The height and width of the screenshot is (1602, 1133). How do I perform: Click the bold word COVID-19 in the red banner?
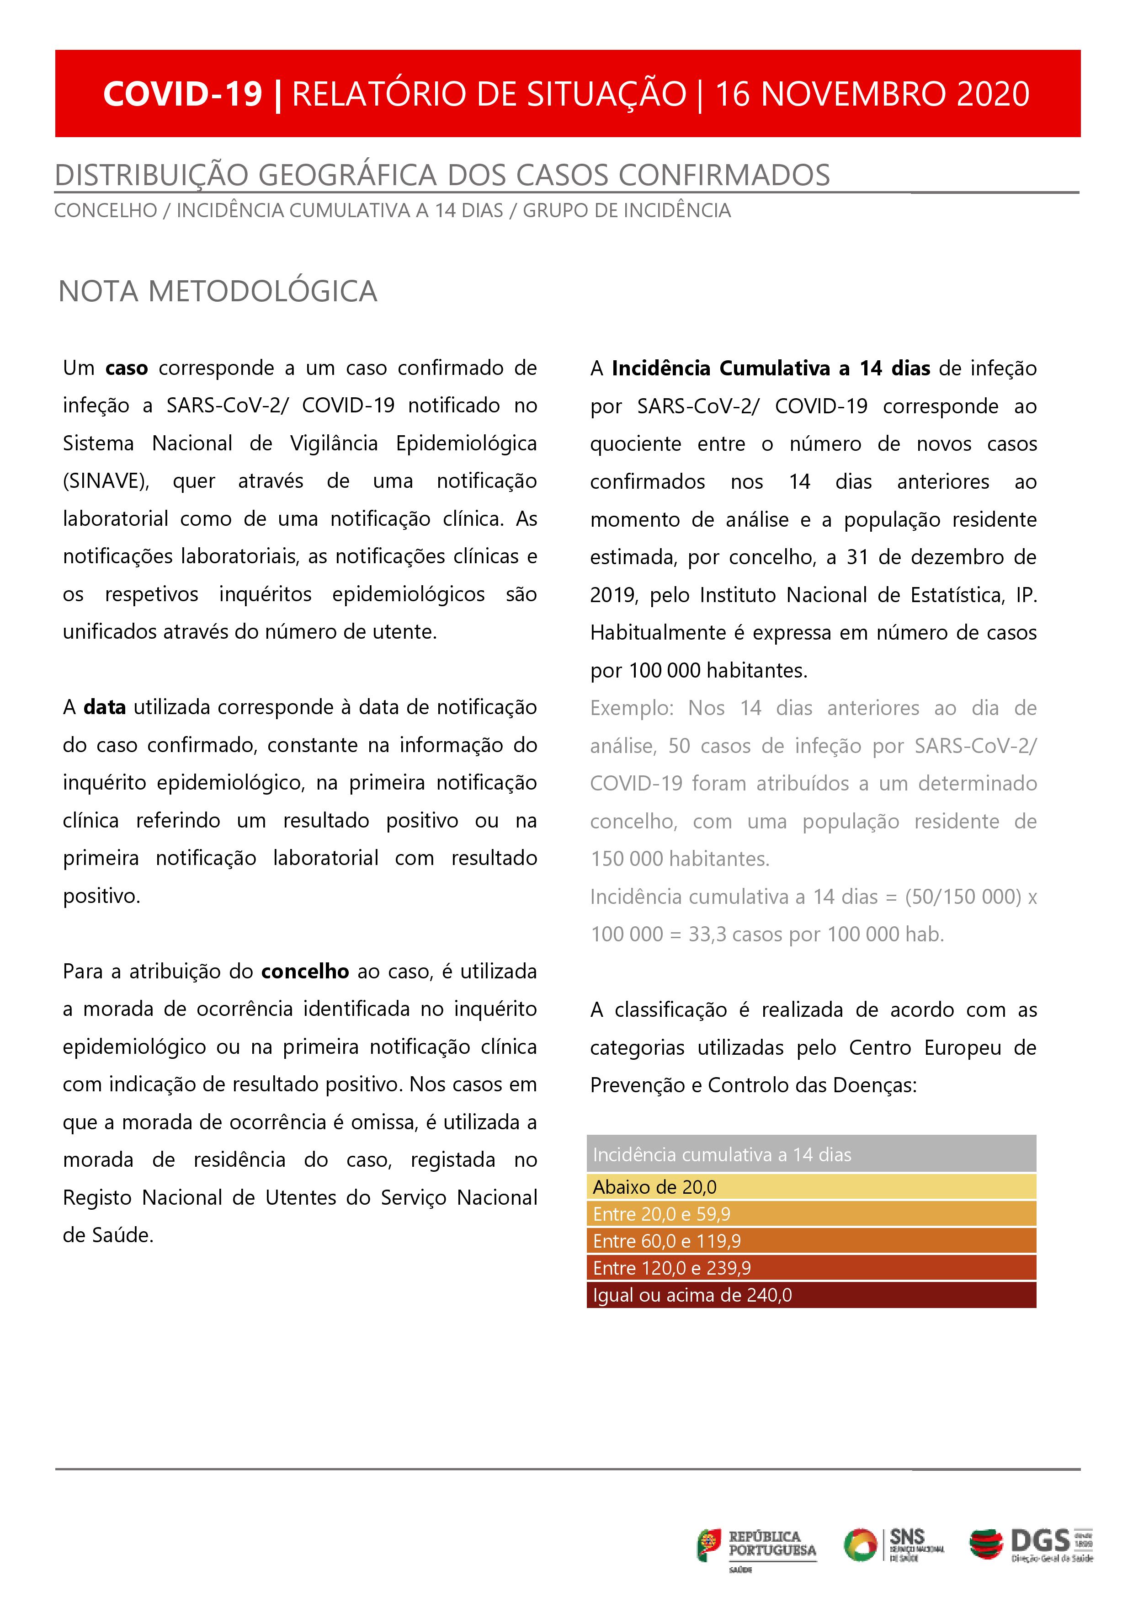tap(183, 94)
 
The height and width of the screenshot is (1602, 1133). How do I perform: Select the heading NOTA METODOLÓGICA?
tap(218, 292)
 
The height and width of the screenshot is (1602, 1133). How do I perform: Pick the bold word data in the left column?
tap(105, 707)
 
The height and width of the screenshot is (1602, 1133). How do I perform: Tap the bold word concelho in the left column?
tap(305, 971)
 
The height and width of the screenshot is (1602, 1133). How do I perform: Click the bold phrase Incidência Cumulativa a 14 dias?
tap(770, 368)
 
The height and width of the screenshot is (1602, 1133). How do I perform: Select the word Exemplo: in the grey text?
tap(631, 708)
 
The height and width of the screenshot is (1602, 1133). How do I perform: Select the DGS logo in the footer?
tap(1031, 1544)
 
